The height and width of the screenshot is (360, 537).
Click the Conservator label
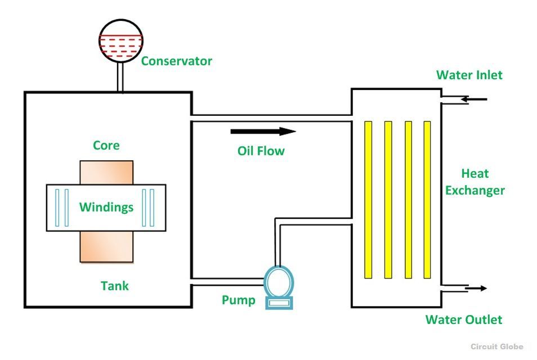pyautogui.click(x=176, y=61)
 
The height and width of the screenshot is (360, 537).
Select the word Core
pyautogui.click(x=106, y=146)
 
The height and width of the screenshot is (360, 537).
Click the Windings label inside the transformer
pyautogui.click(x=106, y=207)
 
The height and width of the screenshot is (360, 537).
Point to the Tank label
pyautogui.click(x=115, y=286)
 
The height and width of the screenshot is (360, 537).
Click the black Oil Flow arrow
pyautogui.click(x=263, y=132)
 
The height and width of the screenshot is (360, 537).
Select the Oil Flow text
pyautogui.click(x=261, y=151)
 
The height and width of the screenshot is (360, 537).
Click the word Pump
pyautogui.click(x=238, y=300)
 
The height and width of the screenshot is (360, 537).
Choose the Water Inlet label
pyautogui.click(x=469, y=75)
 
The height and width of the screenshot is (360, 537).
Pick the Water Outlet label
pyautogui.click(x=463, y=319)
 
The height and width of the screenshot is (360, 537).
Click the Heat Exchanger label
pyautogui.click(x=475, y=182)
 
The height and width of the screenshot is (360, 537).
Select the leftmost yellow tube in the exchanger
pyautogui.click(x=368, y=200)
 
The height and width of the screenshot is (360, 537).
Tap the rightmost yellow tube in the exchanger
pyautogui.click(x=427, y=200)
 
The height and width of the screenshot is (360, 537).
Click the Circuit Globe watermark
pyautogui.click(x=497, y=346)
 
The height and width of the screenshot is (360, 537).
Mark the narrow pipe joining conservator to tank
pyautogui.click(x=120, y=78)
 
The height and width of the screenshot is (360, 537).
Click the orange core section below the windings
pyautogui.click(x=107, y=246)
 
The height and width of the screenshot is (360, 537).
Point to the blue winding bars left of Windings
pyautogui.click(x=62, y=208)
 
